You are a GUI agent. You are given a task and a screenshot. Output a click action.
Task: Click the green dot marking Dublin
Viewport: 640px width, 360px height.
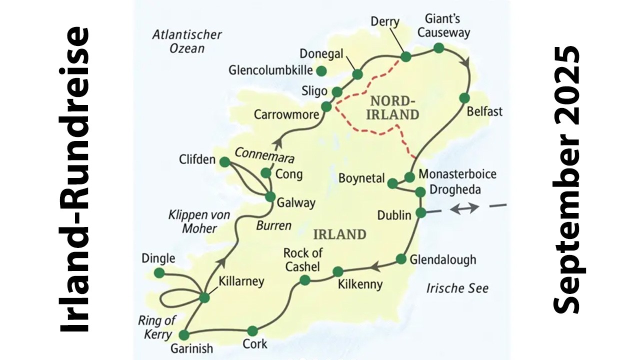[x=421, y=212]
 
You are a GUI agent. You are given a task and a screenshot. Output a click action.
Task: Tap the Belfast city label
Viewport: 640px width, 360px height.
[x=484, y=111]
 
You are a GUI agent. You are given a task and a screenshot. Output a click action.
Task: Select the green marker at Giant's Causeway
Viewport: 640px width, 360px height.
[x=438, y=48]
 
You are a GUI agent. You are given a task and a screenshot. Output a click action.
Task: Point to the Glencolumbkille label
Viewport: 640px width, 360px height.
[x=270, y=70]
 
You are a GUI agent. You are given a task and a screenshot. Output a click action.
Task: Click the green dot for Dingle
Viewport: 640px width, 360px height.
[x=159, y=272]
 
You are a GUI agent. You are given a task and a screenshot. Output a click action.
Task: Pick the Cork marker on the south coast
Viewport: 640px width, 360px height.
[x=252, y=330]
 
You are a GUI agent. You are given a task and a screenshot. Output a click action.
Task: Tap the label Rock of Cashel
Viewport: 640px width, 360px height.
[x=302, y=259]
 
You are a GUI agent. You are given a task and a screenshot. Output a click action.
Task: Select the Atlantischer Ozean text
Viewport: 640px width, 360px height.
[x=187, y=41]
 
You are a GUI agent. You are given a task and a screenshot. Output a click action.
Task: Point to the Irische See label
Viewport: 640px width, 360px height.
[x=457, y=288]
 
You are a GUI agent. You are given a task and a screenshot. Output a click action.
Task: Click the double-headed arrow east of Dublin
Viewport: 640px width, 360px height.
[x=464, y=208]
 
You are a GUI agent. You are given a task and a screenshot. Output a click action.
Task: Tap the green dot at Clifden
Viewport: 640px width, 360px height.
[x=224, y=161]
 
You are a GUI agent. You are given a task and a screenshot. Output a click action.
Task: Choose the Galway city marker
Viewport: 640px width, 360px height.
[x=270, y=196]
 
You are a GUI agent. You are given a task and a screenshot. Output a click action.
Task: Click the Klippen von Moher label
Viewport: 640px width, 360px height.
[x=199, y=221]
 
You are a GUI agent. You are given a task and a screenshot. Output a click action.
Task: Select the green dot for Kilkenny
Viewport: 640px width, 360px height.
[x=338, y=271]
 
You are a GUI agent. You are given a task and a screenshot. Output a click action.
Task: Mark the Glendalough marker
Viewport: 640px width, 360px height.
[x=401, y=259]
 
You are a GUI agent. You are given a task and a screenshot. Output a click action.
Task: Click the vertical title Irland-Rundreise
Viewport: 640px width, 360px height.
[x=73, y=180]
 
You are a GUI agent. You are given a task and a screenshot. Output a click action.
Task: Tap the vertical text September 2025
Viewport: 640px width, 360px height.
[x=566, y=180]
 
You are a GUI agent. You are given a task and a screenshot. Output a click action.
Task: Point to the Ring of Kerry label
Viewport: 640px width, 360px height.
[x=157, y=327]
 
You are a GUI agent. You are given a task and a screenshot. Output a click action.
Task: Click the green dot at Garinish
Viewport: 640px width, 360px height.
[x=184, y=335]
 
